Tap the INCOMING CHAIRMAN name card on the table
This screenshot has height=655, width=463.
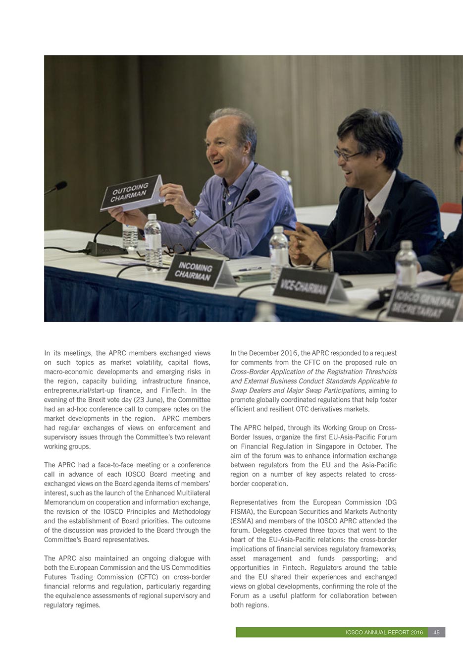195,272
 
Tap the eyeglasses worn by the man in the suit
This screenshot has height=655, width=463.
349,155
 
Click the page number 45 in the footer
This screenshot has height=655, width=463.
436,632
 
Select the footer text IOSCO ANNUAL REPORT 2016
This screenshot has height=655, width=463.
384,632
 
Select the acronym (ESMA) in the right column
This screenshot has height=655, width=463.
242,521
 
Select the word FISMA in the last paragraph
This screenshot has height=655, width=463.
242,511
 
